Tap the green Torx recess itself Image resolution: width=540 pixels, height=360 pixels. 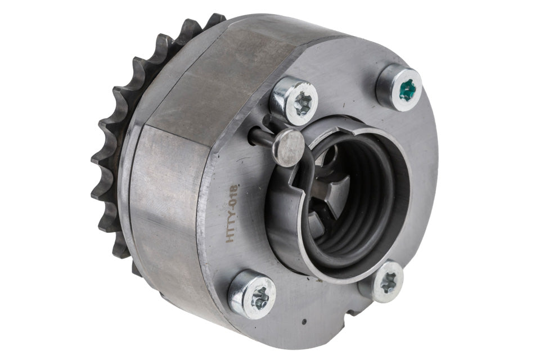408,90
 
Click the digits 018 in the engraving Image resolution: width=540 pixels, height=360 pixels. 235,195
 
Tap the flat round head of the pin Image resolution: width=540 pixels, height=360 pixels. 289,148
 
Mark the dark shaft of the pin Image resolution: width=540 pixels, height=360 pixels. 262,137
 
